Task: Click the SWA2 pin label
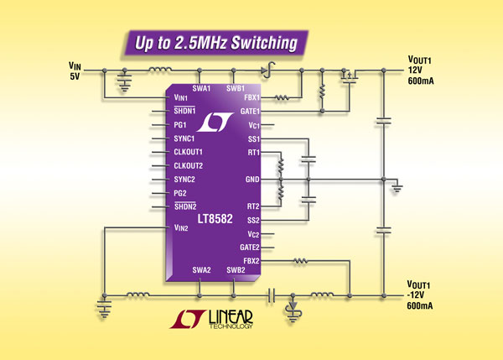tap(201, 269)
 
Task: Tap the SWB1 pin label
tap(236, 88)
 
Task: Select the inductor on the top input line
tap(157, 70)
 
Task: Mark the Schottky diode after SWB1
tap(267, 70)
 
